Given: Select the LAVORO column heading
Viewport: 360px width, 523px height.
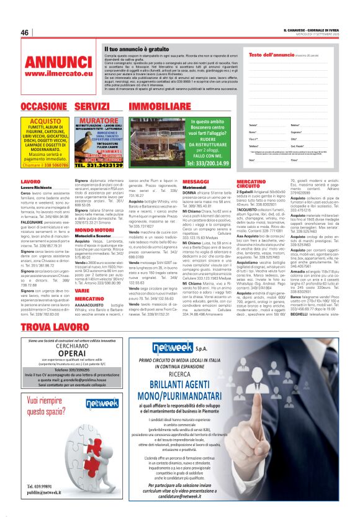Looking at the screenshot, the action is pyautogui.click(x=30, y=181).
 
